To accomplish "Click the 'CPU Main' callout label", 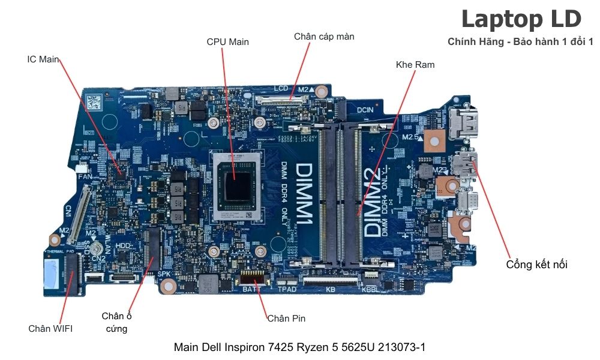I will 227,42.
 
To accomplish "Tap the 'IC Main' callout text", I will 43,60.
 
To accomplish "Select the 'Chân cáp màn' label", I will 324,37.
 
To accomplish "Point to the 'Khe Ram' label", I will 415,64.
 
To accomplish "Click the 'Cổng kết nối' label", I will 536,265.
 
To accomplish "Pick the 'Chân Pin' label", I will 286,318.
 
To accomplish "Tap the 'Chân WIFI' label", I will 50,328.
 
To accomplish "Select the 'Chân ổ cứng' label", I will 116,322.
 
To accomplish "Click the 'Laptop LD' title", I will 521,19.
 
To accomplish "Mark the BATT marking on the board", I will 251,289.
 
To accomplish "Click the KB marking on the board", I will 330,289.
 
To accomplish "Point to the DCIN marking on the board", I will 365,110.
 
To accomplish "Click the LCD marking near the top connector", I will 281,88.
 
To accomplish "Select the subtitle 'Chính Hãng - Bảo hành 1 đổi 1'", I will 520,41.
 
